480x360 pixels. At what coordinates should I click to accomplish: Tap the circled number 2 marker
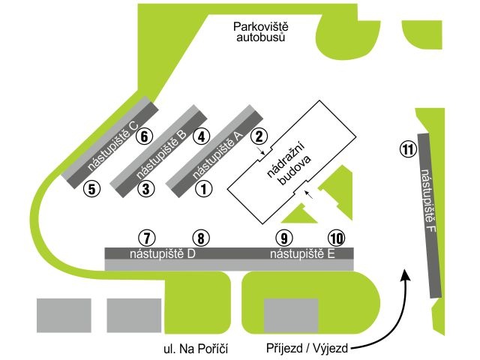(x=258, y=136)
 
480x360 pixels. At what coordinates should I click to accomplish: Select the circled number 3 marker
(x=146, y=189)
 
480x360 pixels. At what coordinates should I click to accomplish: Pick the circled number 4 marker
(x=201, y=136)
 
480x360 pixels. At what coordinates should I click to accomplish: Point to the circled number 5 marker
(x=91, y=189)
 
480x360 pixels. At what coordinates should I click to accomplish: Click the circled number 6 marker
(x=145, y=136)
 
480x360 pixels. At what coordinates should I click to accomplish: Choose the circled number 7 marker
(x=146, y=238)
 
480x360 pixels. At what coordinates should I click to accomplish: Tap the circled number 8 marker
(x=201, y=238)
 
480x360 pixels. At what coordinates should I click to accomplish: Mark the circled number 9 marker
(x=283, y=238)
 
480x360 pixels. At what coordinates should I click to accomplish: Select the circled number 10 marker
(x=337, y=238)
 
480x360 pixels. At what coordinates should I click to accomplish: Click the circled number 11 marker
(x=407, y=149)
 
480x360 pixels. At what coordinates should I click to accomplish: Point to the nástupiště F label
(x=428, y=202)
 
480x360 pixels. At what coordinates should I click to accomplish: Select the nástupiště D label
(x=163, y=253)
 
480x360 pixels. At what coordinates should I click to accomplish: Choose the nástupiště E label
(x=301, y=253)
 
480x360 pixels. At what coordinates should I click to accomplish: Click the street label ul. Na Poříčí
(x=195, y=349)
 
